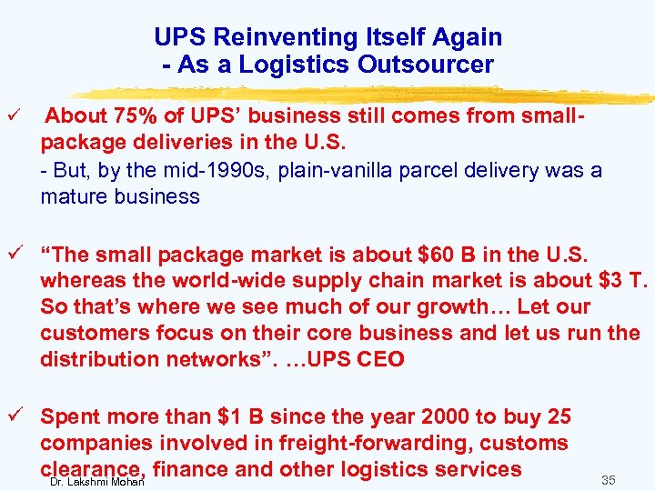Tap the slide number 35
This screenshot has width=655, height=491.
608,479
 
